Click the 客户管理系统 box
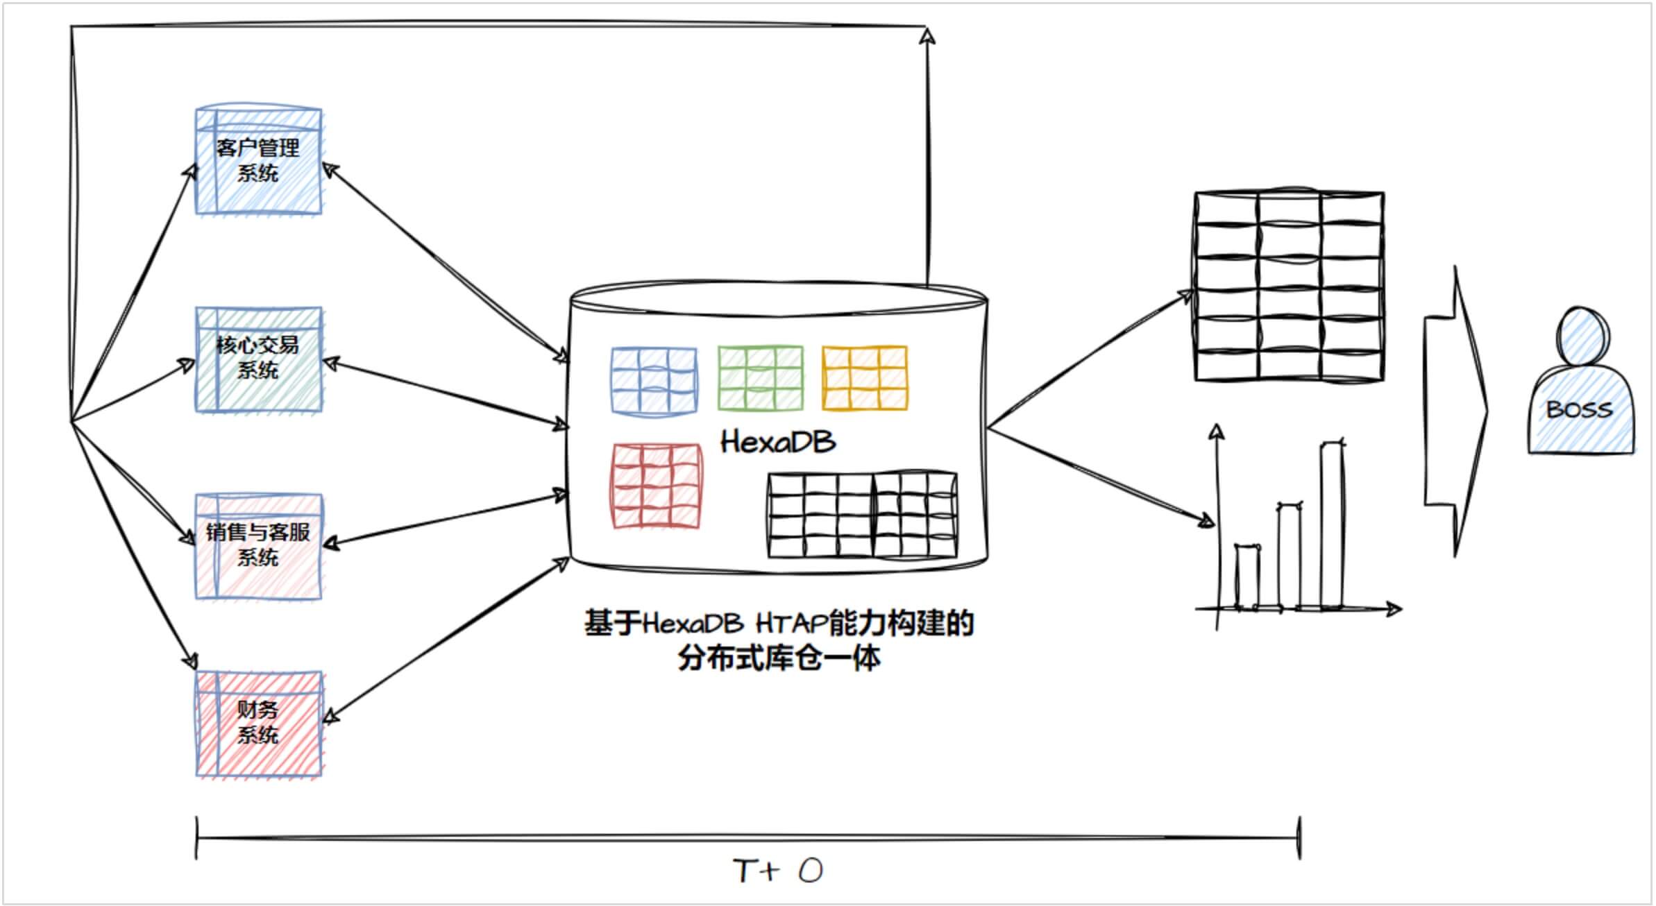258,161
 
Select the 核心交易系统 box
258,359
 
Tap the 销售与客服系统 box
258,546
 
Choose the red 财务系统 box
258,723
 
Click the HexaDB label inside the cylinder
777,442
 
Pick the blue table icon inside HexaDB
654,380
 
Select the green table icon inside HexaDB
760,378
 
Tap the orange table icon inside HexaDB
865,378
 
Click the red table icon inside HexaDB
656,486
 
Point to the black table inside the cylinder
862,515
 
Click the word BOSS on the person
1579,409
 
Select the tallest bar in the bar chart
1331,525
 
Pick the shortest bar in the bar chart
1246,577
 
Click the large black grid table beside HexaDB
1289,286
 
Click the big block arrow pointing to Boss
1456,411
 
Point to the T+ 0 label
777,871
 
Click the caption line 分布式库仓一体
779,658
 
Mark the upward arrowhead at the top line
927,35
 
